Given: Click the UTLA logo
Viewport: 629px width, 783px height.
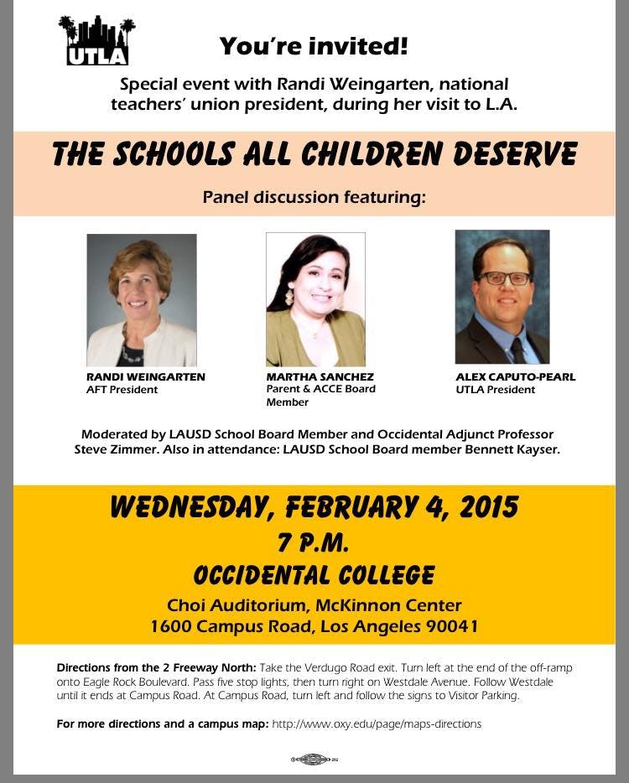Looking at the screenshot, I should pyautogui.click(x=96, y=41).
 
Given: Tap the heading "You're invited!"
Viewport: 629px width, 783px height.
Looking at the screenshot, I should pyautogui.click(x=314, y=46).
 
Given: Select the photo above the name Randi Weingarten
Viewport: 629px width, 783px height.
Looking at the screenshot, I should pyautogui.click(x=142, y=299).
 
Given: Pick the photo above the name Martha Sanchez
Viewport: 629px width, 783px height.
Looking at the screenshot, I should pyautogui.click(x=315, y=299).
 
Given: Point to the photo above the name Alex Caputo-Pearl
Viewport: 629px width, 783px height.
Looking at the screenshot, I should pyautogui.click(x=502, y=297).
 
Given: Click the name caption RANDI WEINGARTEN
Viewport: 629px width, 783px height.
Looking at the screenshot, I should pyautogui.click(x=146, y=377).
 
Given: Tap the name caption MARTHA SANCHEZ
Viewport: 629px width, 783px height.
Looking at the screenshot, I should pyautogui.click(x=320, y=377).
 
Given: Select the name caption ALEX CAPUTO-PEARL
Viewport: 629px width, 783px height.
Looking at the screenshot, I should pyautogui.click(x=516, y=377).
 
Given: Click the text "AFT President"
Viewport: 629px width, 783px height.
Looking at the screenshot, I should pyautogui.click(x=122, y=390).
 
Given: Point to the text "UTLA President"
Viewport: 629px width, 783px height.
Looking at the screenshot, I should pyautogui.click(x=495, y=390).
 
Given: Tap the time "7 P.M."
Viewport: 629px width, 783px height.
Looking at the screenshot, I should pyautogui.click(x=314, y=542).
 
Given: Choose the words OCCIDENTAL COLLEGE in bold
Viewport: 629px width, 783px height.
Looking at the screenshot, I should pyautogui.click(x=314, y=576).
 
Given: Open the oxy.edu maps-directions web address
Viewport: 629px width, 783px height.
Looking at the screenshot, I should pyautogui.click(x=377, y=723).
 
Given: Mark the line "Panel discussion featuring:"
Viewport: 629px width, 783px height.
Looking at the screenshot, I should pyautogui.click(x=314, y=198).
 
